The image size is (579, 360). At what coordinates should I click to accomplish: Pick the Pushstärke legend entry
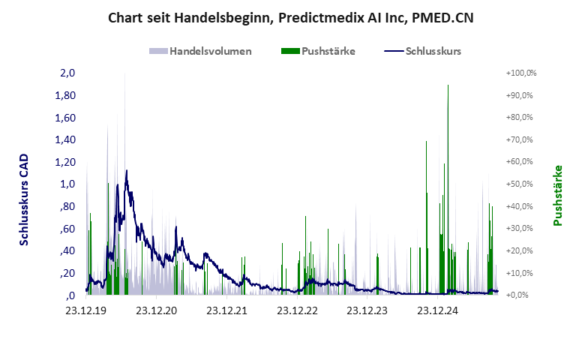[x=328, y=52]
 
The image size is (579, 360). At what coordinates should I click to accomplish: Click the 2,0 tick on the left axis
[x=67, y=73]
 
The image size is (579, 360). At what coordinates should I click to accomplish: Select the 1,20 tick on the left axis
[x=66, y=162]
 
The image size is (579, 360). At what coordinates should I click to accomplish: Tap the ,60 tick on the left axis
[x=67, y=229]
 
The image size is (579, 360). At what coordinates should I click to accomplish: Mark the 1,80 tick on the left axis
[x=66, y=96]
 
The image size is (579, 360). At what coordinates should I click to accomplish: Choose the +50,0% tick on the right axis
[x=522, y=184]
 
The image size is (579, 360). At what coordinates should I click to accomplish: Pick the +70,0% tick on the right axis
[x=522, y=140]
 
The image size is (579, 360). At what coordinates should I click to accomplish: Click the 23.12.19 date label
[x=87, y=310]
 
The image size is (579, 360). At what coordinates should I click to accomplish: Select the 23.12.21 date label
[x=227, y=310]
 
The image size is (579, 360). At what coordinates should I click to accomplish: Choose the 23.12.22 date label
[x=298, y=310]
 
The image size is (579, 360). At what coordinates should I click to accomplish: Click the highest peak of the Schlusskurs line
[x=127, y=171]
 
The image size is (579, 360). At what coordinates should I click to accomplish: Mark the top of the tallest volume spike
[x=448, y=85]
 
